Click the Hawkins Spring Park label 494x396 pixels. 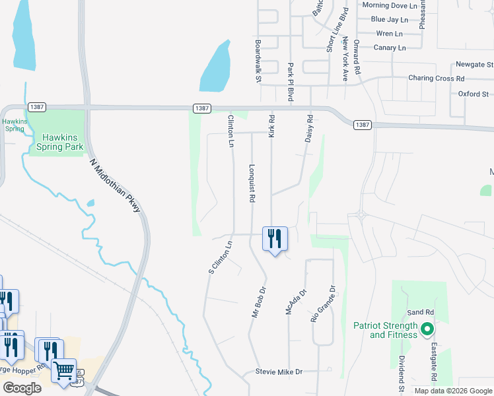point(63,143)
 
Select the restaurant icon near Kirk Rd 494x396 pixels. point(275,239)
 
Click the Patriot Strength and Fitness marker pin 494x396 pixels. point(427,328)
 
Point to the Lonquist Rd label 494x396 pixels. point(252,183)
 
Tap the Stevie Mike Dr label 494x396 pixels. point(279,372)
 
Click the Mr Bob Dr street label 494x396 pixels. point(258,302)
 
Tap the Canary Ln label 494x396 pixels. point(390,48)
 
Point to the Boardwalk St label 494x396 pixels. point(258,61)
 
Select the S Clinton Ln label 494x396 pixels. point(220,257)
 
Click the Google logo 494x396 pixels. point(22,388)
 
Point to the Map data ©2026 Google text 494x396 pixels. point(452,391)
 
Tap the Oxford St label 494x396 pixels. point(473,94)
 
